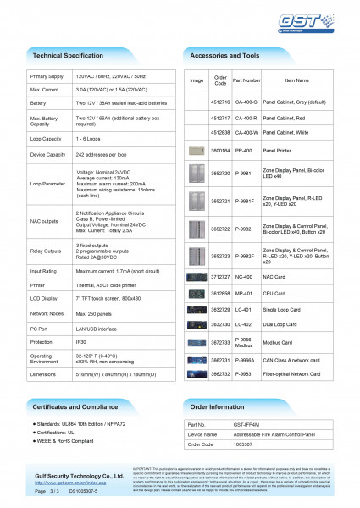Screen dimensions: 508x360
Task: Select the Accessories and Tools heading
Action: pyautogui.click(x=224, y=54)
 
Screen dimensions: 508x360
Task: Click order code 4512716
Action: pyautogui.click(x=220, y=100)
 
